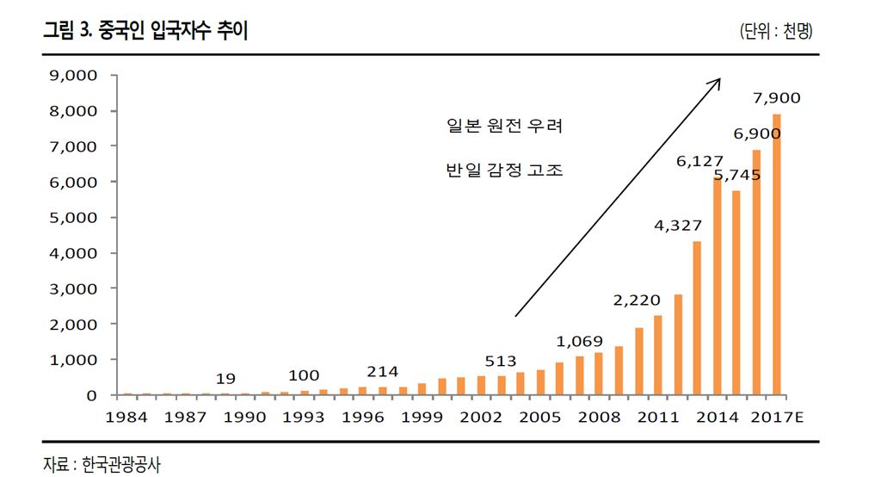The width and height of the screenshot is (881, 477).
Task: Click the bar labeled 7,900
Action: [776, 255]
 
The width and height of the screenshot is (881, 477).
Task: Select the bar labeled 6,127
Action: [717, 286]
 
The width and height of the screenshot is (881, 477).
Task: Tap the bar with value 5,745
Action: [736, 293]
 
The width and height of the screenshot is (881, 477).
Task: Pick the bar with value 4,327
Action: [697, 318]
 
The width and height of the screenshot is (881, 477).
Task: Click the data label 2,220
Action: [637, 300]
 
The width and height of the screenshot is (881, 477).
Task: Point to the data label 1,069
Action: [579, 341]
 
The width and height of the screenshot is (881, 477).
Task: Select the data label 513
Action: [500, 361]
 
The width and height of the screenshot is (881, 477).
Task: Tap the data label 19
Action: [225, 378]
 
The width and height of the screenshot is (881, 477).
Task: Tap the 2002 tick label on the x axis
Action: [481, 418]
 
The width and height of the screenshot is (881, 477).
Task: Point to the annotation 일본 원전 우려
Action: [504, 127]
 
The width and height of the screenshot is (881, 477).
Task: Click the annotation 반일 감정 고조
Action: [504, 170]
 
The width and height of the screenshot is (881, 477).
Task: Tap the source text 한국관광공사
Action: [121, 464]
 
